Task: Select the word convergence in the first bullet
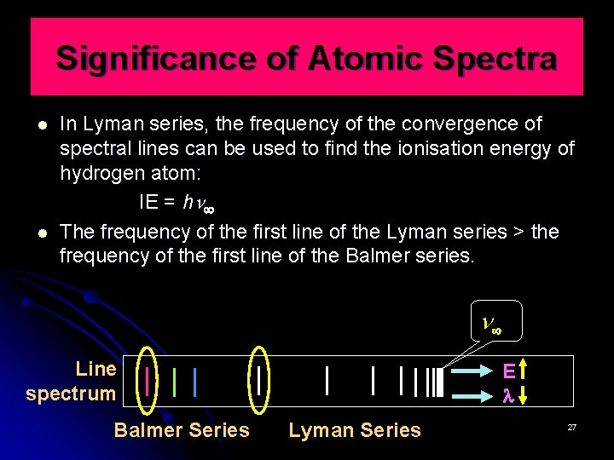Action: coord(449,124)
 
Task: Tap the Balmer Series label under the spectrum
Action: coord(182,430)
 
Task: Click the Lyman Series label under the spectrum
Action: coord(355,430)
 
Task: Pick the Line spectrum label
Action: coord(72,382)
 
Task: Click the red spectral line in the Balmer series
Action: coord(148,380)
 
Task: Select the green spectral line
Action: coord(174,381)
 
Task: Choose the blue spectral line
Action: coord(195,381)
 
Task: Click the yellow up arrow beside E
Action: coord(524,371)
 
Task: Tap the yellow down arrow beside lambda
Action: coord(524,394)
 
